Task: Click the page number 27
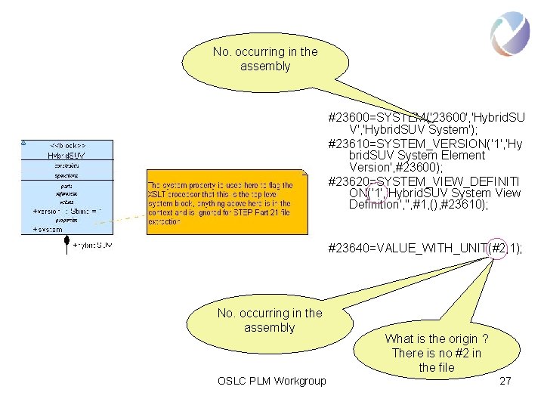coord(505,381)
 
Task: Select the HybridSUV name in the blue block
coord(67,155)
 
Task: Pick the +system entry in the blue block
coord(48,229)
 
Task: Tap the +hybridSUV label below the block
coord(92,245)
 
